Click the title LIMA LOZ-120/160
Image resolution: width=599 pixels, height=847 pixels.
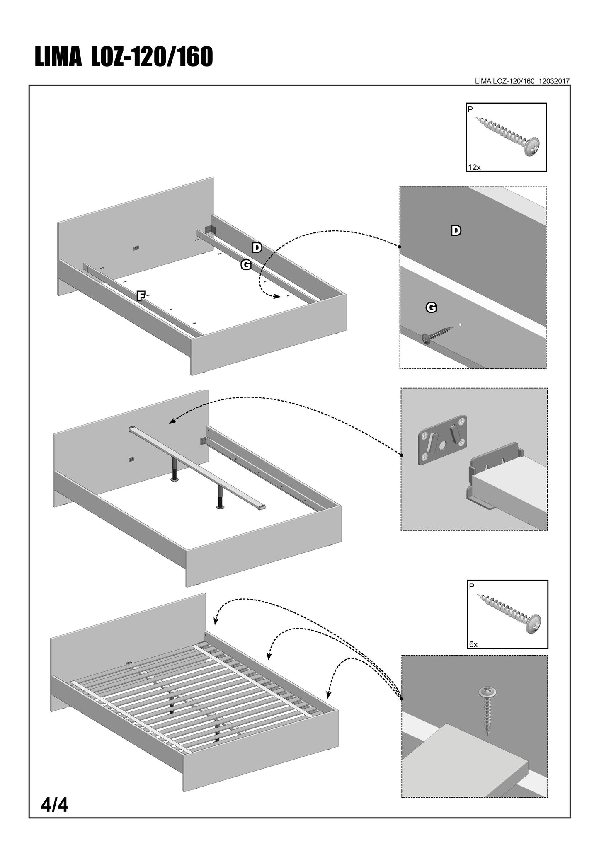124,57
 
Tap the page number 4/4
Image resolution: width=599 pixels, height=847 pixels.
54,805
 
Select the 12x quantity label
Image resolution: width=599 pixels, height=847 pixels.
474,167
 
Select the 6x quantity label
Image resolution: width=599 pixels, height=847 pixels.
473,644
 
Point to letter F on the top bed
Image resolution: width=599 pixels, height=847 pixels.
141,296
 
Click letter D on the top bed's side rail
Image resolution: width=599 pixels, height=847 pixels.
257,248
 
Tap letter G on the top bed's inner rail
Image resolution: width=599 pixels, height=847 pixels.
246,265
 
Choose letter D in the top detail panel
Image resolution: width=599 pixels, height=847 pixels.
456,231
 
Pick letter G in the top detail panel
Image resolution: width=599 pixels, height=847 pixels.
431,307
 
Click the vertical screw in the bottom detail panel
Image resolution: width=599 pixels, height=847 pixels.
487,711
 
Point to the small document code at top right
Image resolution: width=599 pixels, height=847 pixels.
522,81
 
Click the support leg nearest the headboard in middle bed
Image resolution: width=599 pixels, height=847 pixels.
175,472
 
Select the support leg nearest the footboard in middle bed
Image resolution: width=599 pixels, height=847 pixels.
220,497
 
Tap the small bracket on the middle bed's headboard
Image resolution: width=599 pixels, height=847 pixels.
132,459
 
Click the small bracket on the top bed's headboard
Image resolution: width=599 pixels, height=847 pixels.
136,248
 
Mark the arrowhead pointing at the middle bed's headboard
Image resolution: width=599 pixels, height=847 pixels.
172,422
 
